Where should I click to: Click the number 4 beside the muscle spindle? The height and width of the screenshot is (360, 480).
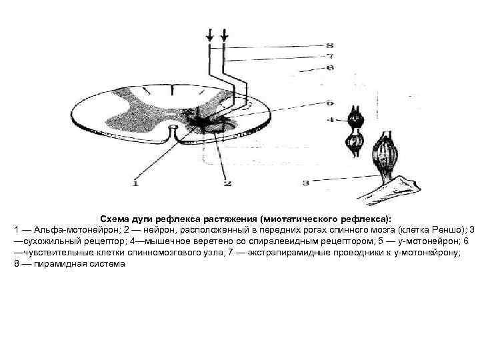click(330, 121)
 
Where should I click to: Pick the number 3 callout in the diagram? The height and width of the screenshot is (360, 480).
click(306, 181)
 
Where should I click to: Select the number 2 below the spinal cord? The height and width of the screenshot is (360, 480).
click(226, 183)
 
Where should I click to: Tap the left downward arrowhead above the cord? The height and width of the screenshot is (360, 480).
click(211, 37)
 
